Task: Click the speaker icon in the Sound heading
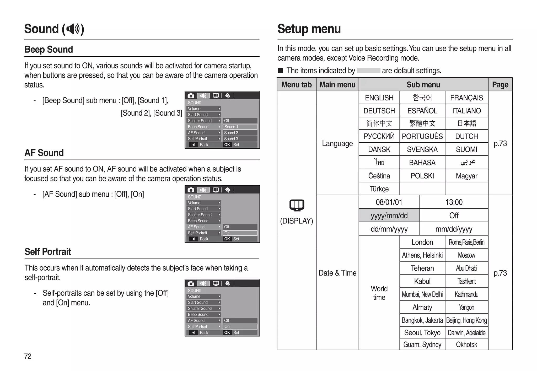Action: point(73,29)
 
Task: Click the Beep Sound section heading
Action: point(49,50)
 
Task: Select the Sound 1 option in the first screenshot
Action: point(240,127)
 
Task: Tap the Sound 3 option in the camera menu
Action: point(240,139)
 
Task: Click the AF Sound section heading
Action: point(44,153)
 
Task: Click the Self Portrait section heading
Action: point(48,252)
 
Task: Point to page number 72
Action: point(28,356)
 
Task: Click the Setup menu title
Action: point(309,29)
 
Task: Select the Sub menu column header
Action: point(423,85)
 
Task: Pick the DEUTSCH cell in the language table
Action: point(379,111)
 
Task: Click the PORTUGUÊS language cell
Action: point(422,136)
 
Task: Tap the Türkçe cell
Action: point(379,189)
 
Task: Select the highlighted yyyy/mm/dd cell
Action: point(389,216)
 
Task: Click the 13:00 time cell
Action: point(454,202)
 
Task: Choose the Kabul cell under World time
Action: point(422,281)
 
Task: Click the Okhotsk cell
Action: point(466,345)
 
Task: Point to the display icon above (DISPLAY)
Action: point(297,205)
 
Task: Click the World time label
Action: point(379,293)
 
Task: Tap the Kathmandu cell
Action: point(466,294)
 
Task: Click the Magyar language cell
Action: point(466,176)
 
